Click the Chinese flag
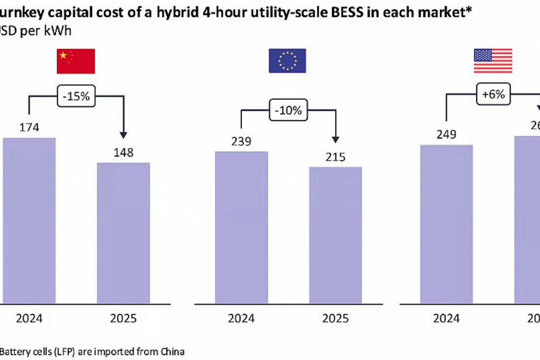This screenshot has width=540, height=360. (76, 61)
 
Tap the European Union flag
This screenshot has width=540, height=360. (287, 61)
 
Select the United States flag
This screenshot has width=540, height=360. (493, 61)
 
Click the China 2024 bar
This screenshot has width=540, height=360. (29, 220)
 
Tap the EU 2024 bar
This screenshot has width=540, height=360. (242, 227)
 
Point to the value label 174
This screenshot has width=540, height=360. (29, 127)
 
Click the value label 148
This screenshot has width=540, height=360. (124, 153)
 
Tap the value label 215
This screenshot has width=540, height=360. (335, 157)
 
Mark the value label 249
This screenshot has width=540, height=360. (446, 135)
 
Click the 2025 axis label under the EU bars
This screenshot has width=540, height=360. (335, 319)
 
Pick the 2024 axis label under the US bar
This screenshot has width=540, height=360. (446, 319)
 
